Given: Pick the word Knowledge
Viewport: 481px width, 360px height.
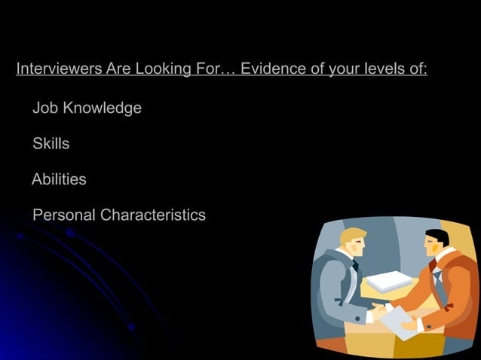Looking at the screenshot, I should coord(102,108).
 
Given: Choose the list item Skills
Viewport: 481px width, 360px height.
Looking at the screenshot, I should coord(51,144).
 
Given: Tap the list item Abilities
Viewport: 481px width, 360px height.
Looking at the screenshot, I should coord(59,180).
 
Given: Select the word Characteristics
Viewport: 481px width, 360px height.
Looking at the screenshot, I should coord(152,215).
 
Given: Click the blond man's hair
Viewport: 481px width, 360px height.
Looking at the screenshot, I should coord(351,235).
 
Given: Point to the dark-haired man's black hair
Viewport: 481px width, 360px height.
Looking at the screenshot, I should coord(437,236).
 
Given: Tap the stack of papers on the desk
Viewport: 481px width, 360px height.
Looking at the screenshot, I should coord(389,281).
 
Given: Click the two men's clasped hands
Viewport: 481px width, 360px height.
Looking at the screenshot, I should coord(378,308).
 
